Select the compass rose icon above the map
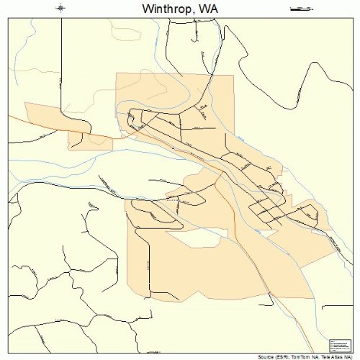[x=60, y=9]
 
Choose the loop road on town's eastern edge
[x=310, y=213]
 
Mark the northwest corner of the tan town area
[x=117, y=75]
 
